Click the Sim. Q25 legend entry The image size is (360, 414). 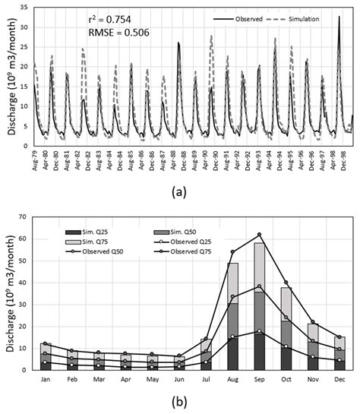click(82, 231)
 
